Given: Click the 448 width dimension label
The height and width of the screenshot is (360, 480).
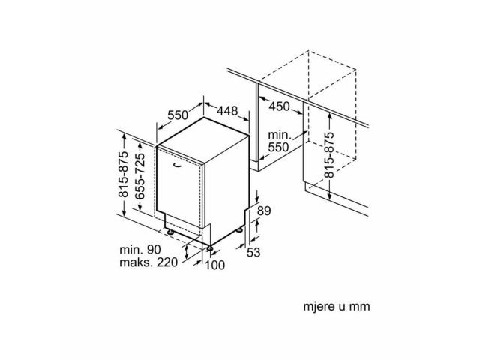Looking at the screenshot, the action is coord(227,110).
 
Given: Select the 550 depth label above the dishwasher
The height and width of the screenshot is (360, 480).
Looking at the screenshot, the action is coord(178,115).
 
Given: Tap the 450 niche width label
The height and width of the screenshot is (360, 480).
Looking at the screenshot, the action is coord(279,106).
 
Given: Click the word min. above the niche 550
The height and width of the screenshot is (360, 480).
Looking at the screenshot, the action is coord(279,135).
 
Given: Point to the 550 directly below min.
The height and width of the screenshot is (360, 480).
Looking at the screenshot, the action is coord(278,148).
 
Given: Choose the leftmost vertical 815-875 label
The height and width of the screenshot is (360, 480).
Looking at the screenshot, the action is coord(124,175).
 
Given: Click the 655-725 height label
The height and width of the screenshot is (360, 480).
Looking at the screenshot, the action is coord(140,176).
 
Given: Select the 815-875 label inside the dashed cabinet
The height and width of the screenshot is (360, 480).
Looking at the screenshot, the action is coord(329,155).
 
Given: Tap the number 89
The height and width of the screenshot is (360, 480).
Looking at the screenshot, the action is coord(264,211).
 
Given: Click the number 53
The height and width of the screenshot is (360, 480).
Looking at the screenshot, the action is coord(253,252).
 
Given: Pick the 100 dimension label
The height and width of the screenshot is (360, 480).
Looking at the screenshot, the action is coord(214,265).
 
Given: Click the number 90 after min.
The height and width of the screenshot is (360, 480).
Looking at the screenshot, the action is coord(153,250).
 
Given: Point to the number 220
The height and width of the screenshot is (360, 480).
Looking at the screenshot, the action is coord(167,262).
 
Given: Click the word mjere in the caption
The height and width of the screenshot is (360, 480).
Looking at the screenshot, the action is coord(318,306).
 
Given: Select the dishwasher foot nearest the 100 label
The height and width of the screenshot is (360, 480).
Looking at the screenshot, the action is coord(210,248).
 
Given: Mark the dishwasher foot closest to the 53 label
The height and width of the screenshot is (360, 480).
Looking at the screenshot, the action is coord(240,230).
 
